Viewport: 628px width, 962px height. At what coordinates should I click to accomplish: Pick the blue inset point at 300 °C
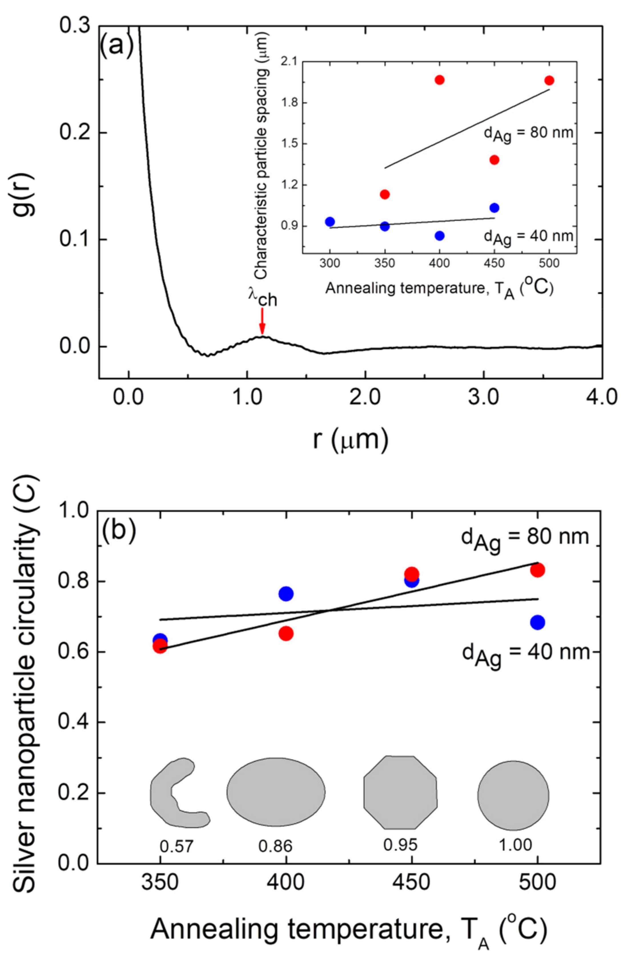point(330,221)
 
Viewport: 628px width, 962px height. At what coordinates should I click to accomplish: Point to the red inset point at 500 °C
point(549,81)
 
